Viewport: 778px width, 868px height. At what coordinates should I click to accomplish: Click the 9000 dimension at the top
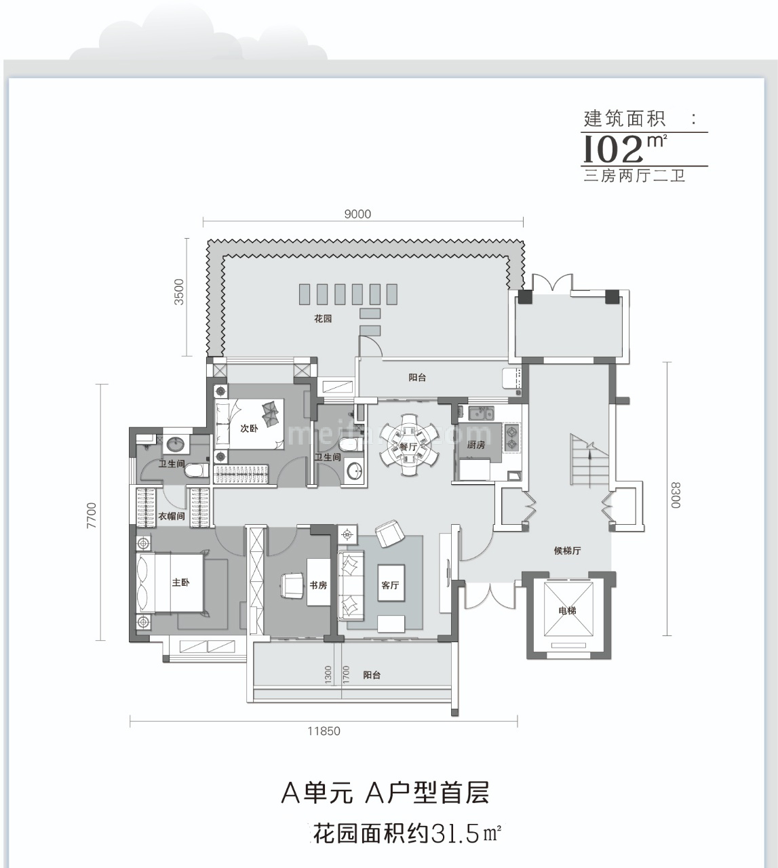coord(357,214)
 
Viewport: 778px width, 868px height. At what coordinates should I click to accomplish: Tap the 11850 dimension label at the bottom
coord(324,731)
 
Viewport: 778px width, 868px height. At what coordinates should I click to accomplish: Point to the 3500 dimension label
coord(179,291)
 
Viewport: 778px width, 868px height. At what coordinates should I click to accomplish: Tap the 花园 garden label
coord(323,318)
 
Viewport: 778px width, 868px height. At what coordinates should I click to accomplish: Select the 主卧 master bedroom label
coord(180,583)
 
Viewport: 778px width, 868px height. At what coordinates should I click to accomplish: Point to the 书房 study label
coord(318,585)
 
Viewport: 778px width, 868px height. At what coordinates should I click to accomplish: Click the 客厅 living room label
coord(390,585)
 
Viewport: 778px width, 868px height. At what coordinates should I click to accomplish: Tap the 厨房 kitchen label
coord(476,446)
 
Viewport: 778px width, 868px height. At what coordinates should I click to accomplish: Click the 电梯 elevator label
coord(567,611)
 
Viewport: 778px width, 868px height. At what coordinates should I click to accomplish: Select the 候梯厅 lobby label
coord(567,551)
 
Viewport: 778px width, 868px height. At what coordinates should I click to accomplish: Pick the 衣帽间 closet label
coord(172,516)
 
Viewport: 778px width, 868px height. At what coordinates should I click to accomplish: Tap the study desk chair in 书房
coord(292,585)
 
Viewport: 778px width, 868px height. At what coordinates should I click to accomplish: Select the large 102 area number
coord(612,149)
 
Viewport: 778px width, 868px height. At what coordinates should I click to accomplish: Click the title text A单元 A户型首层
coord(385,792)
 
